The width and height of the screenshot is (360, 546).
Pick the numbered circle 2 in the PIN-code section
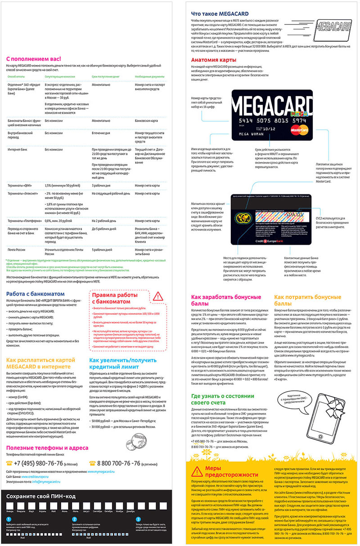pos(74,519)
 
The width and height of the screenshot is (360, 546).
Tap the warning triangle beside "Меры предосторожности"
pos(196,472)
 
